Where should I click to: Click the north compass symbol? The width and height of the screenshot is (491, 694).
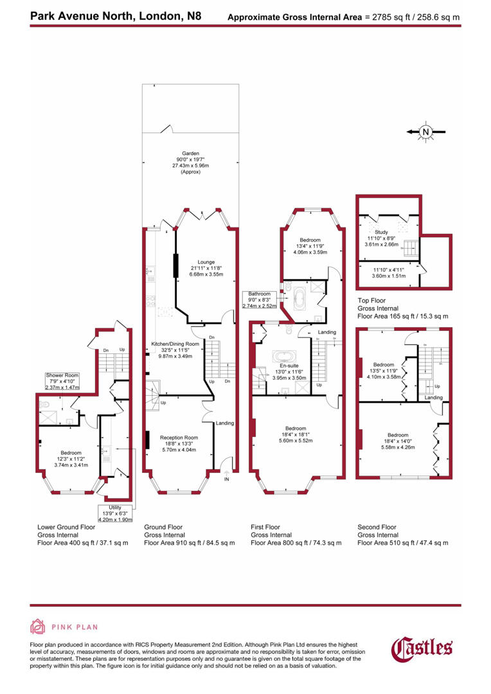point(425,132)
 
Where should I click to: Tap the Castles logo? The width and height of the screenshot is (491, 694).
point(422,646)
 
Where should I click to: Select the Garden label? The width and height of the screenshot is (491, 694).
point(190,154)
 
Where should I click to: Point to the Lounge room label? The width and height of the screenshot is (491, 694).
point(206,262)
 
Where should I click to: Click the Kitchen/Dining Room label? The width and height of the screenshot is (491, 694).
point(175,344)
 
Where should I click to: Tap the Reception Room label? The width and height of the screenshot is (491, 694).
point(179,438)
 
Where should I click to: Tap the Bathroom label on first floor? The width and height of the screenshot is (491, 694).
point(260,294)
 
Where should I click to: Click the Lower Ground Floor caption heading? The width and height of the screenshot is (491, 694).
point(66,527)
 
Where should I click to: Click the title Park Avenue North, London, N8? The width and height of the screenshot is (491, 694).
point(115,15)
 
